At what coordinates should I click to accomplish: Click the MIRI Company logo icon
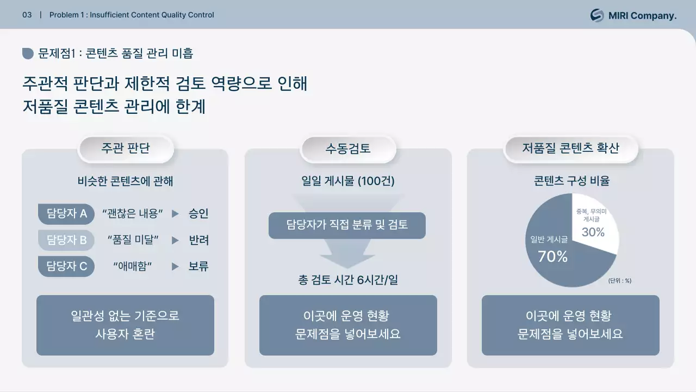click(x=597, y=15)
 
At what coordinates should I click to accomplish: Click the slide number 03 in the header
click(x=27, y=15)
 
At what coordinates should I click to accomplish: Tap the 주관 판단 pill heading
click(x=126, y=148)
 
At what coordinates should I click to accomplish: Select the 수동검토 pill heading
click(x=348, y=149)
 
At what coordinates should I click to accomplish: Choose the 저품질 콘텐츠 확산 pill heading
click(x=570, y=148)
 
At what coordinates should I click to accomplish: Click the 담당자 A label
click(x=66, y=213)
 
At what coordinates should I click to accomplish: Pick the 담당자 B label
click(x=66, y=240)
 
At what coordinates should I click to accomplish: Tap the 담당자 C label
click(x=66, y=266)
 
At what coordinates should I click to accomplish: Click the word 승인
click(x=198, y=213)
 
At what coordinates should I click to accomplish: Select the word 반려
click(x=198, y=240)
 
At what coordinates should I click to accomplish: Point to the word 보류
click(x=198, y=266)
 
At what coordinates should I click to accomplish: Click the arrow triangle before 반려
click(x=175, y=240)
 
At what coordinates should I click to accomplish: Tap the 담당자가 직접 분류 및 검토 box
click(x=347, y=225)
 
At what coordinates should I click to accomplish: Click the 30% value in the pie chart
click(x=593, y=232)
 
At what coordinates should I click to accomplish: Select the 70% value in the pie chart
click(x=552, y=256)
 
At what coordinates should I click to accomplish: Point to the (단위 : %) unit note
click(x=619, y=281)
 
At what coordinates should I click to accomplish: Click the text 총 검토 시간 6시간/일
click(x=348, y=280)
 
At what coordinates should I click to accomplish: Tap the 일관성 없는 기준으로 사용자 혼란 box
click(x=125, y=325)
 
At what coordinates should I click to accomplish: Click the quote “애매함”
click(x=132, y=266)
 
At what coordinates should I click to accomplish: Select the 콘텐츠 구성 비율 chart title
click(x=571, y=181)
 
